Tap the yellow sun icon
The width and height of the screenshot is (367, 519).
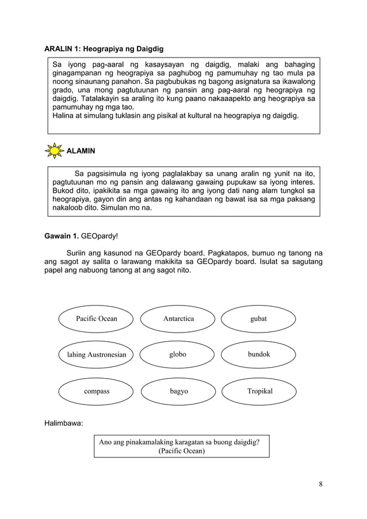[x=55, y=151]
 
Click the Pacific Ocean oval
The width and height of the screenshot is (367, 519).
[x=96, y=319]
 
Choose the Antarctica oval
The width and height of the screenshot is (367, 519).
[x=178, y=319]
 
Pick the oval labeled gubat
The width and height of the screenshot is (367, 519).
[x=259, y=319]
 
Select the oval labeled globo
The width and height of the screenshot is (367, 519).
[x=178, y=355]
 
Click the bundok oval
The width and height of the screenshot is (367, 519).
[x=259, y=355]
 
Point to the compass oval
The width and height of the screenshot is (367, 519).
[x=96, y=391]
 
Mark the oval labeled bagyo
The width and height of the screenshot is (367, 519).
[x=178, y=391]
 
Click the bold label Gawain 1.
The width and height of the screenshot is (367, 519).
[x=62, y=235]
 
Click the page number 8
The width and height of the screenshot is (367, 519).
[x=320, y=483]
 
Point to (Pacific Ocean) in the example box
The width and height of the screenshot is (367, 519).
[x=181, y=451]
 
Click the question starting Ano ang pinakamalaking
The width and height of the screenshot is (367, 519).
[x=179, y=442]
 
